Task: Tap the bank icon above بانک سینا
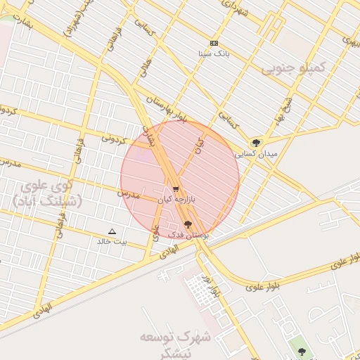pos(213,43)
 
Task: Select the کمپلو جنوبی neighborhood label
pos(294,69)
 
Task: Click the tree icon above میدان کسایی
pos(255,142)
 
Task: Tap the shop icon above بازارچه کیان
pos(176,189)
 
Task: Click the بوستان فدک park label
pos(188,235)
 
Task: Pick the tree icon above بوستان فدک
pos(187,224)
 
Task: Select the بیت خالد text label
pos(112,241)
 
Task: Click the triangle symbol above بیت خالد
pos(112,231)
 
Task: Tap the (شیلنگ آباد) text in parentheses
pos(48,201)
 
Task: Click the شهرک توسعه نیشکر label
pos(176,345)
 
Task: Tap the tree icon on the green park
pos(302,351)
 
